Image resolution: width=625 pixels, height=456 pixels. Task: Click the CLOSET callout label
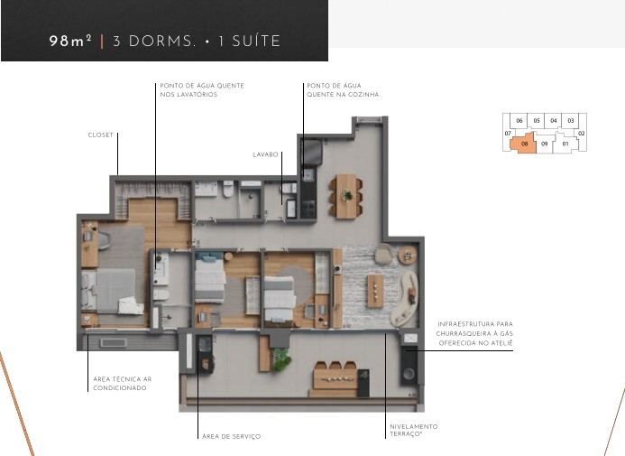pyautogui.click(x=100, y=135)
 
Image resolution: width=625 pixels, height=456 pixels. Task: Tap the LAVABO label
pyautogui.click(x=265, y=154)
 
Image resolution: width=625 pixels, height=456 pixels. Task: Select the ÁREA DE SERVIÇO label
pyautogui.click(x=231, y=436)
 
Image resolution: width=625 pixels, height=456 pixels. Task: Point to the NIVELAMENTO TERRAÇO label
pyautogui.click(x=413, y=430)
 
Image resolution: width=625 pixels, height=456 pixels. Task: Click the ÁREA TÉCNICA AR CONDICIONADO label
pyautogui.click(x=123, y=384)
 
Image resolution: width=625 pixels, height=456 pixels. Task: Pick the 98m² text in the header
pyautogui.click(x=70, y=41)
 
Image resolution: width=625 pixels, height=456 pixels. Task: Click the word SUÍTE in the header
pyautogui.click(x=256, y=42)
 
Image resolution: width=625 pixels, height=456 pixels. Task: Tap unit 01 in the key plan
pyautogui.click(x=565, y=144)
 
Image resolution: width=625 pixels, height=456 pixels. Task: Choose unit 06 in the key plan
pyautogui.click(x=519, y=120)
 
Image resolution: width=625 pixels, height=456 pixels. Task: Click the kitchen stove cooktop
pyautogui.click(x=308, y=209)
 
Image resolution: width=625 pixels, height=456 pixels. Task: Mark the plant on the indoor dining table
pyautogui.click(x=347, y=195)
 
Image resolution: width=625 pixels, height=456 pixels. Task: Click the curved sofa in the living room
pyautogui.click(x=405, y=298)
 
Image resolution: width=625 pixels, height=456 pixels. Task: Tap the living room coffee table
pyautogui.click(x=375, y=291)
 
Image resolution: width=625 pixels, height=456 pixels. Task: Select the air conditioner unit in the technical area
pyautogui.click(x=114, y=343)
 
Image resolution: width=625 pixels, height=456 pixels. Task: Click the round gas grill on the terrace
pyautogui.click(x=409, y=374)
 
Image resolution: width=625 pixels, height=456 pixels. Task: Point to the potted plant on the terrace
pyautogui.click(x=281, y=359)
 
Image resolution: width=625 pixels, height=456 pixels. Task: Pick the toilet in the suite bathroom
pyautogui.click(x=161, y=295)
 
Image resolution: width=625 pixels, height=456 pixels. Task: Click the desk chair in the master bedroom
pyautogui.click(x=103, y=240)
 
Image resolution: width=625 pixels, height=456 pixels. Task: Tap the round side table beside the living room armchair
pyautogui.click(x=408, y=256)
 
